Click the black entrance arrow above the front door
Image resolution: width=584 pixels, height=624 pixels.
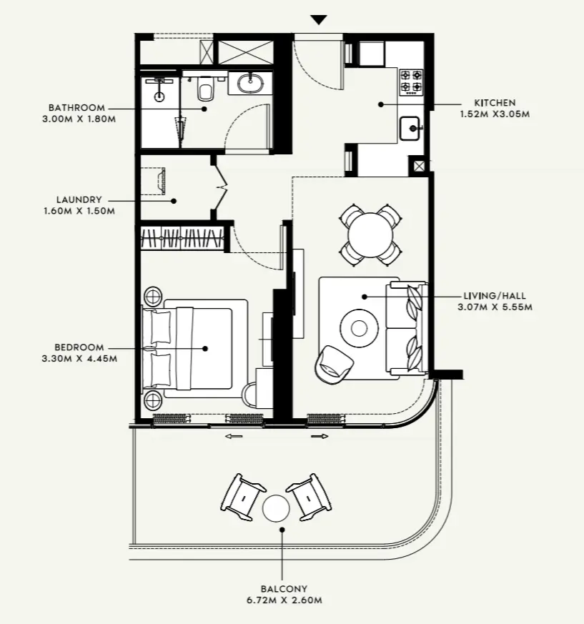[x=319, y=20]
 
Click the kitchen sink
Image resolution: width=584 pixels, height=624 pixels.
[x=411, y=129]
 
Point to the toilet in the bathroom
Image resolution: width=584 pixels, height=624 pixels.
[x=205, y=89]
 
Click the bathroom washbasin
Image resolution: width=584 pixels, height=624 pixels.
[x=250, y=83]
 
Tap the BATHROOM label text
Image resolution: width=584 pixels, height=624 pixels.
[x=77, y=107]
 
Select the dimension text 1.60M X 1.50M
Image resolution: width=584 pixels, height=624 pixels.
[x=79, y=212]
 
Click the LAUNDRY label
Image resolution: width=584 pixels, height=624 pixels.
[x=79, y=200]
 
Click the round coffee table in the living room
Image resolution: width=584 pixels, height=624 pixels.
[x=360, y=327]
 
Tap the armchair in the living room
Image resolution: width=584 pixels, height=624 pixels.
[x=332, y=362]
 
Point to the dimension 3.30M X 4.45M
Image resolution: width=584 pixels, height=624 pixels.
[x=79, y=359]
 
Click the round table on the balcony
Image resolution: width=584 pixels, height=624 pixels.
[x=276, y=508]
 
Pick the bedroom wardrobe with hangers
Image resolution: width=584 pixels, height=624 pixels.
[x=182, y=238]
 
